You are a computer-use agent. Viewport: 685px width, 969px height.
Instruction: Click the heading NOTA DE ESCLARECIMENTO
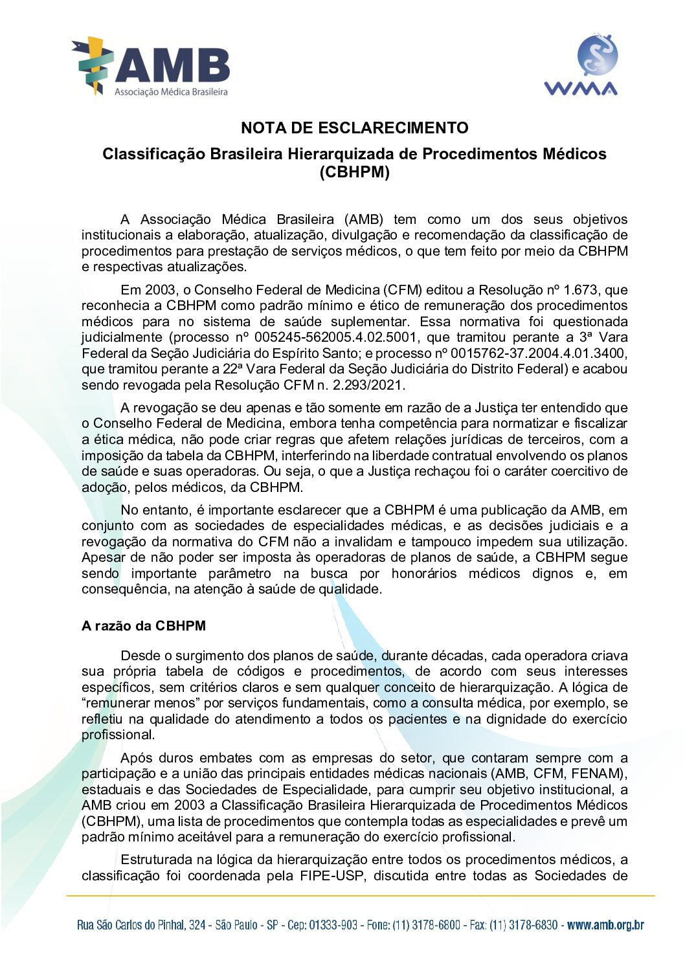click(354, 128)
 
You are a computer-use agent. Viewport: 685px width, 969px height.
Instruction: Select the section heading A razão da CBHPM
click(143, 626)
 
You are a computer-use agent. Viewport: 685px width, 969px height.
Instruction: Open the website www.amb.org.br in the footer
click(605, 925)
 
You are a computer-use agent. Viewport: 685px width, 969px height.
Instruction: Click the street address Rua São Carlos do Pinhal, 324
click(141, 925)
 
